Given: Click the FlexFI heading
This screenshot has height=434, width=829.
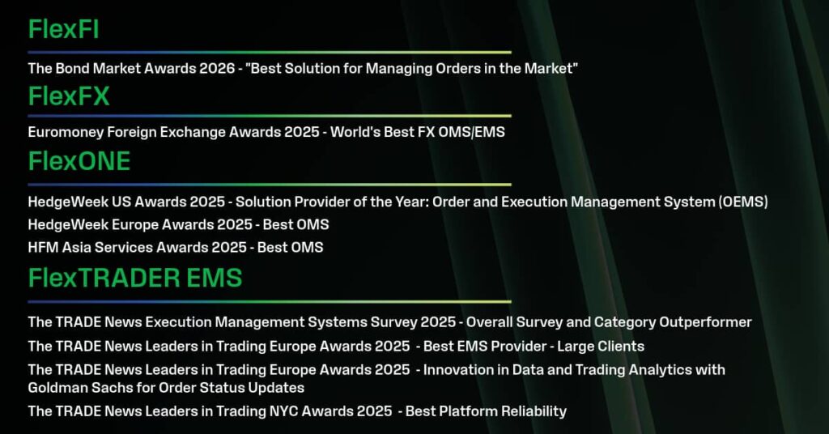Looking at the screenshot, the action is [63, 29].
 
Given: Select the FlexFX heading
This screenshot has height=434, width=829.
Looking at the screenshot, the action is [69, 96].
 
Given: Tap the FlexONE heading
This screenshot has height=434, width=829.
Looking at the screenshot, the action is [79, 160].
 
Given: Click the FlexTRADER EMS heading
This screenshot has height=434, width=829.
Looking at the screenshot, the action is [135, 278].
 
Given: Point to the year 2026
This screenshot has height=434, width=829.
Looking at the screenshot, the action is [217, 68].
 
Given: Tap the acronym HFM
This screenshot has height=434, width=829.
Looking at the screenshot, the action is [44, 248].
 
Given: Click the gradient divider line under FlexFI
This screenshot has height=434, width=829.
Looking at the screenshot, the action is [270, 53].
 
